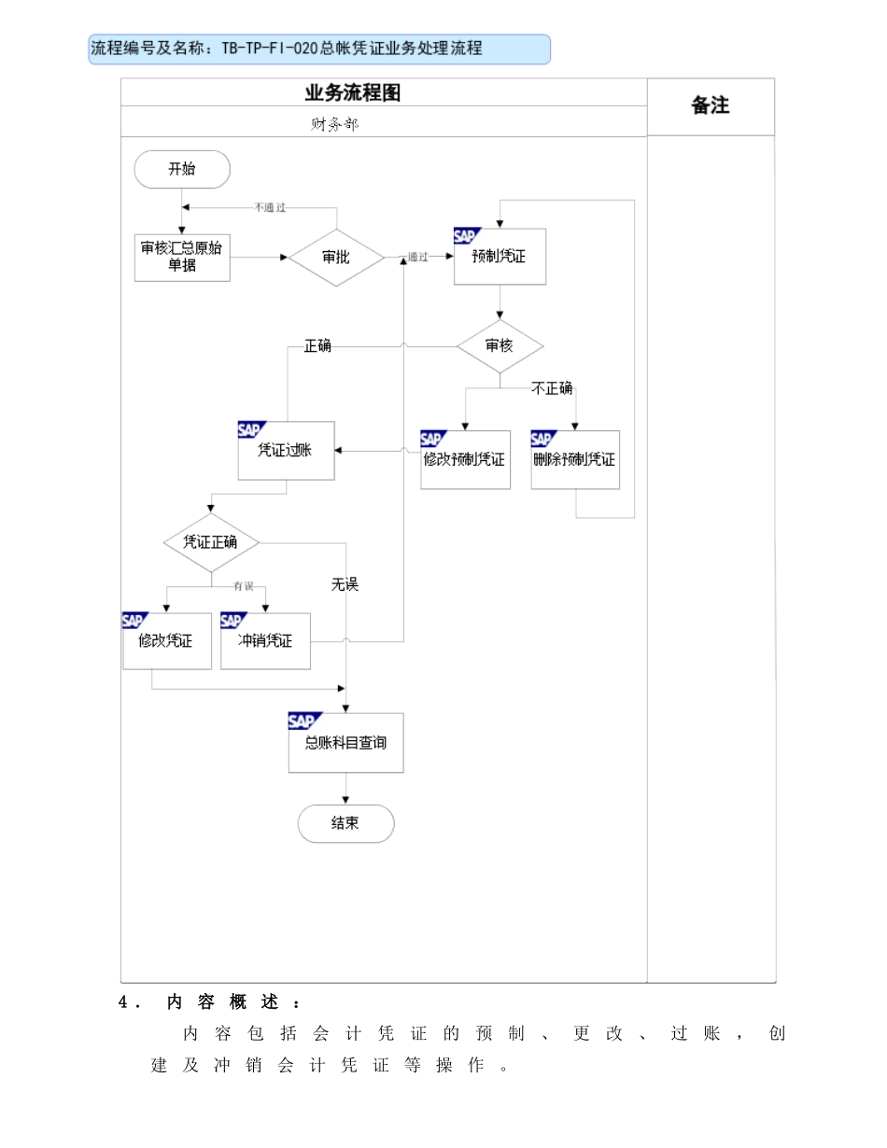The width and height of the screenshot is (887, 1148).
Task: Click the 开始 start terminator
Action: coord(182,169)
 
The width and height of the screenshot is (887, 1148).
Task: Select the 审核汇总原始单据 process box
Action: coord(182,258)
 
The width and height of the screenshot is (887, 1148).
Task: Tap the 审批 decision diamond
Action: coord(336,258)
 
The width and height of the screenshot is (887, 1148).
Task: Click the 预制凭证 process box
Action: coord(500,257)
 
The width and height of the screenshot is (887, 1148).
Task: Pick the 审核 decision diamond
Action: coord(500,346)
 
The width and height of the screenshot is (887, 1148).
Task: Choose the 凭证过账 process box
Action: coord(287,451)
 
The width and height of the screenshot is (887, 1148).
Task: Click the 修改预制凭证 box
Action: coord(465,459)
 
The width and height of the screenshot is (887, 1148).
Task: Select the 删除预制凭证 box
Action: coord(575,459)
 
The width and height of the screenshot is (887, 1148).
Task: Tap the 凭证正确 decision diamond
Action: coord(211,542)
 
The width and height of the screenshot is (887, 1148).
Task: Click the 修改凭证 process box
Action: coord(167,641)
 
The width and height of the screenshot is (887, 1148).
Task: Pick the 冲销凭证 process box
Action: coord(265,641)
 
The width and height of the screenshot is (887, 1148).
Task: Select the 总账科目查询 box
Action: coord(346,743)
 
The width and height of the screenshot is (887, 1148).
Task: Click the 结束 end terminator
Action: coord(346,823)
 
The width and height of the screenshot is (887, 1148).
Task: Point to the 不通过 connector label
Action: coord(270,207)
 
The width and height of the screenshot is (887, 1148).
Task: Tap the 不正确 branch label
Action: coord(552,388)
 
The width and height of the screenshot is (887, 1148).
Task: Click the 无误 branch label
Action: coord(345,584)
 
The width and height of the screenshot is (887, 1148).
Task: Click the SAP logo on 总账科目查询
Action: coord(304,721)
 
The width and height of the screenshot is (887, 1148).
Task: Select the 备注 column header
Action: coord(711,105)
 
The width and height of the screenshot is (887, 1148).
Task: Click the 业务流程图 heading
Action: coord(352,93)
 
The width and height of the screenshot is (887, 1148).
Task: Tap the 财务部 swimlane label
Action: coord(334,125)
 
